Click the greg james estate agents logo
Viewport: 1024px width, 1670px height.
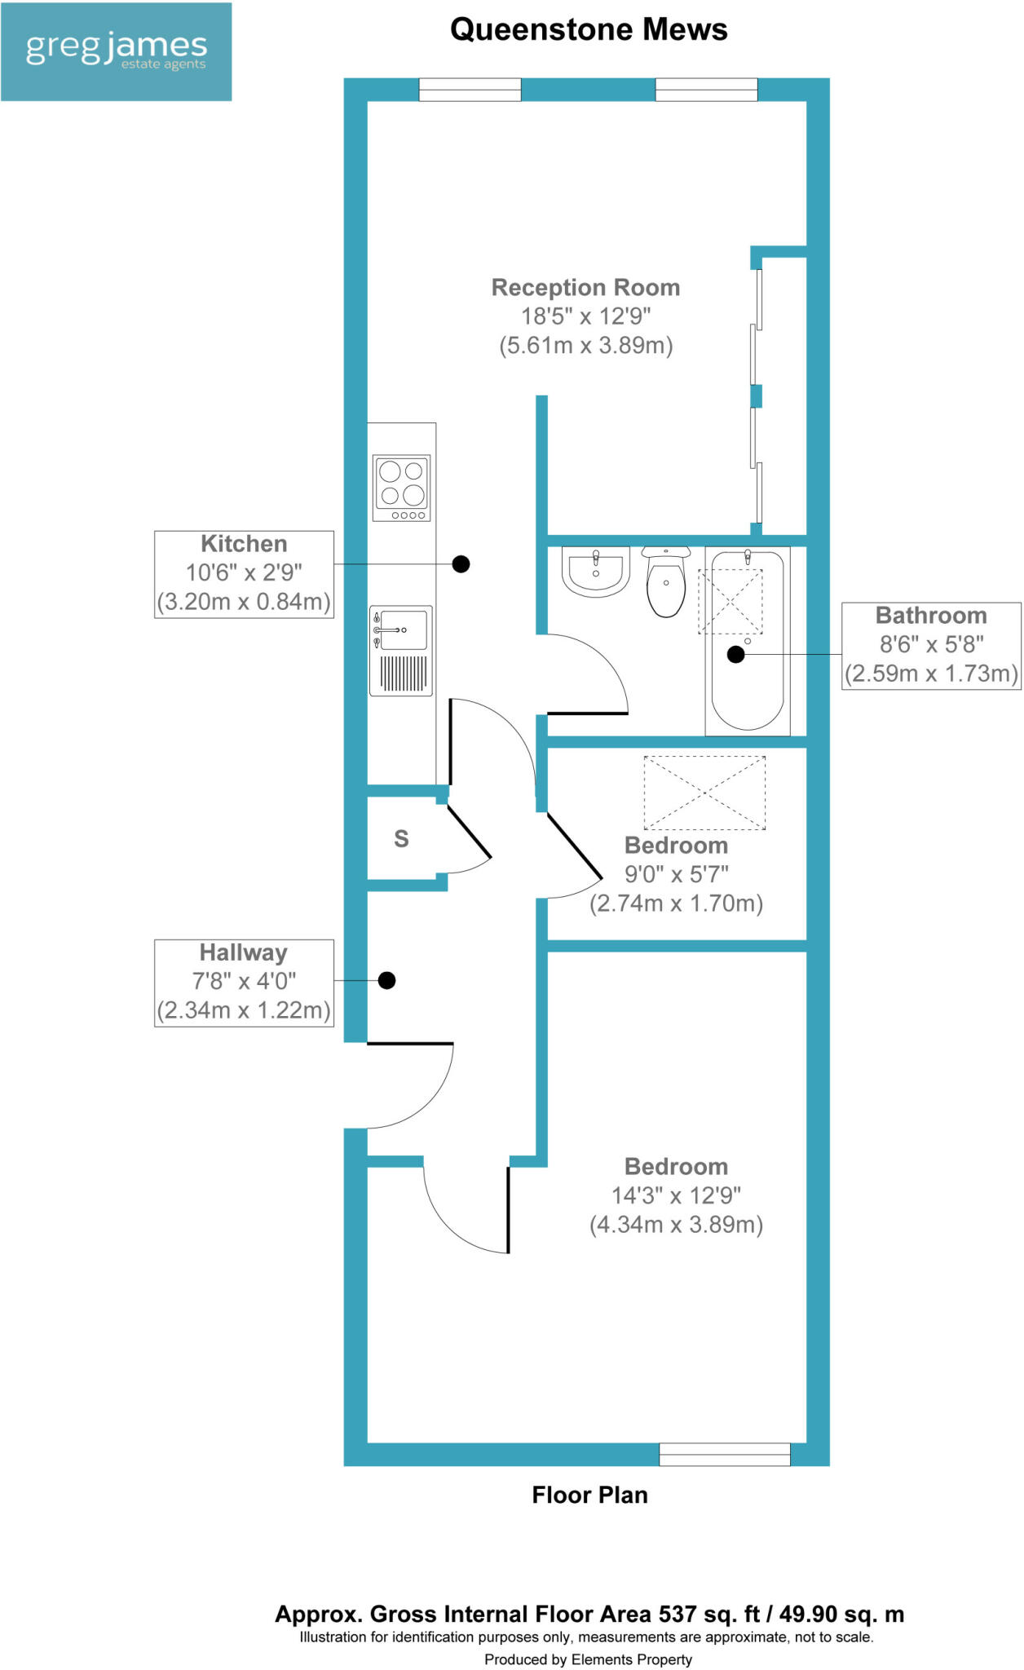tap(116, 51)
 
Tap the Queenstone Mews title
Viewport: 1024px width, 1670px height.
tap(589, 30)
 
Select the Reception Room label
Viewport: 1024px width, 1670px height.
tap(585, 288)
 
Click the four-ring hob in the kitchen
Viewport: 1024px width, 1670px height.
tap(401, 488)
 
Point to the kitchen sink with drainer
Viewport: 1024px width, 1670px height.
tap(401, 650)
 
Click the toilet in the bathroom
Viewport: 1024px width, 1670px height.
tap(666, 581)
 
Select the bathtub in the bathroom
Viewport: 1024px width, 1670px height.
tap(748, 640)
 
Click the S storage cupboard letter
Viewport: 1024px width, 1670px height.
tap(401, 838)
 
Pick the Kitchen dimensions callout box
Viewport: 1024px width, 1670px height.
tap(244, 574)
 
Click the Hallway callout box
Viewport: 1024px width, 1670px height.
tap(244, 983)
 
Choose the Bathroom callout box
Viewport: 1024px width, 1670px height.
tap(931, 645)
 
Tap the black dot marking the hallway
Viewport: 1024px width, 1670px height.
tap(387, 980)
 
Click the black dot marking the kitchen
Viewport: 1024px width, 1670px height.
tap(461, 563)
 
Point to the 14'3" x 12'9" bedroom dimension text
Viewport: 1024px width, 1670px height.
tap(676, 1195)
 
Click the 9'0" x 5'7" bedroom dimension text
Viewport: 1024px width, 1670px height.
tap(676, 875)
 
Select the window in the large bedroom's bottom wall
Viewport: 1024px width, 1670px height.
tap(724, 1454)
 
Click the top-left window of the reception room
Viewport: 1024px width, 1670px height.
tap(470, 90)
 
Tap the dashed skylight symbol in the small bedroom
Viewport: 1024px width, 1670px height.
tap(704, 793)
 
